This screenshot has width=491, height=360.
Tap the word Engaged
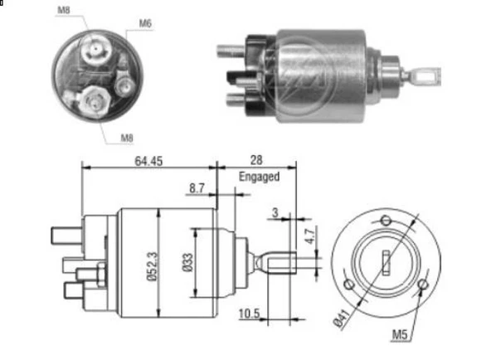259,177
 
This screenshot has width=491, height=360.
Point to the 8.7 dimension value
197,189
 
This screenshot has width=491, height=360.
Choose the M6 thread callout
145,22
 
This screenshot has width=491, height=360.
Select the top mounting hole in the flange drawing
385,221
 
